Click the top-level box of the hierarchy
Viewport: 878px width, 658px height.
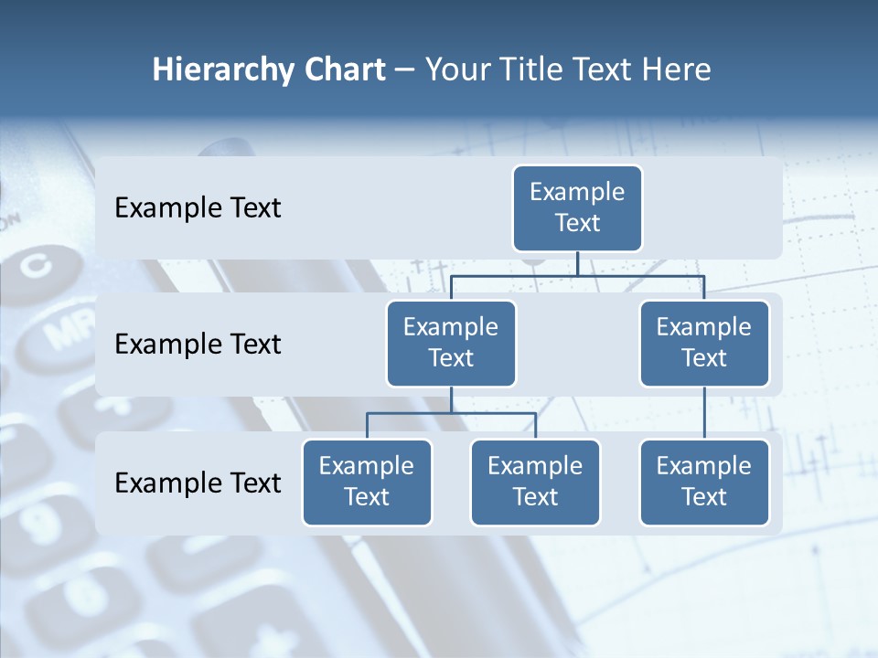(x=577, y=208)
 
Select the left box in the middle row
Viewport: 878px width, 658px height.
(x=451, y=343)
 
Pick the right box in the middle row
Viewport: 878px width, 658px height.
(x=704, y=343)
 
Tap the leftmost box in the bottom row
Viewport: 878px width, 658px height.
(x=367, y=482)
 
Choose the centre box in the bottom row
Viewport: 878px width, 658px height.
(x=535, y=482)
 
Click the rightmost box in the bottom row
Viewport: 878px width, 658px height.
(x=704, y=482)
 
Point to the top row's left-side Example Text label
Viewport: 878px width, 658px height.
(x=198, y=208)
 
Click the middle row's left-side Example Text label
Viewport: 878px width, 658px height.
(x=198, y=345)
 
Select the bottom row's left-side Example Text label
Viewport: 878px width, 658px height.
(x=198, y=483)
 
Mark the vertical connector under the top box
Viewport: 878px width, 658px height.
(x=577, y=263)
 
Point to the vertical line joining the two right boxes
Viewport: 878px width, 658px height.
(x=704, y=413)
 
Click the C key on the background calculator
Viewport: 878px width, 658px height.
(x=37, y=267)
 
